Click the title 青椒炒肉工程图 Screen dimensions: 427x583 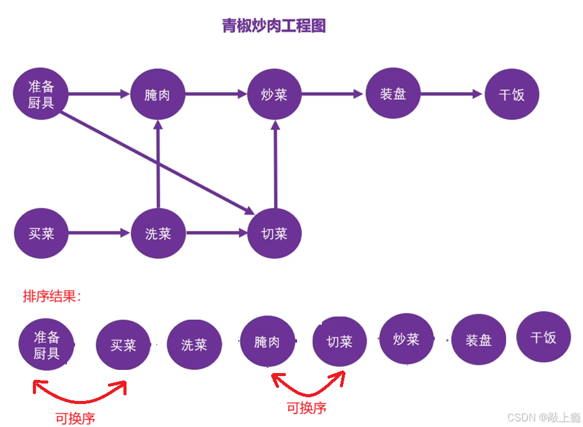(274, 26)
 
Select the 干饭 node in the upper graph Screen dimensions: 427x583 (512, 95)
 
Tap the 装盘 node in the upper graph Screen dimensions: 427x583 (393, 94)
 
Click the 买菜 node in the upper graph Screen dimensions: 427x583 (41, 234)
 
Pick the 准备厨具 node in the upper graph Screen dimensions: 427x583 (41, 94)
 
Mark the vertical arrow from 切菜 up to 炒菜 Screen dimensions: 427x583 (275, 164)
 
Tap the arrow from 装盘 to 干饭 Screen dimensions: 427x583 (451, 94)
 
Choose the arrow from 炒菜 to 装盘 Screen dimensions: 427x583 (332, 94)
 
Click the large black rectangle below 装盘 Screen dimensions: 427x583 (396, 188)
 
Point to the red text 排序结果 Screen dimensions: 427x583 (52, 296)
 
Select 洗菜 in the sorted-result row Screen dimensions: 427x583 (194, 345)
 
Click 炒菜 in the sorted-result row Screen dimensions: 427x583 (407, 339)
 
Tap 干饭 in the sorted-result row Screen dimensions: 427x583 (543, 338)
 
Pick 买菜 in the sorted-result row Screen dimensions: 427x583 (123, 345)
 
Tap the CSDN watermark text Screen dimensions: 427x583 (543, 416)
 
